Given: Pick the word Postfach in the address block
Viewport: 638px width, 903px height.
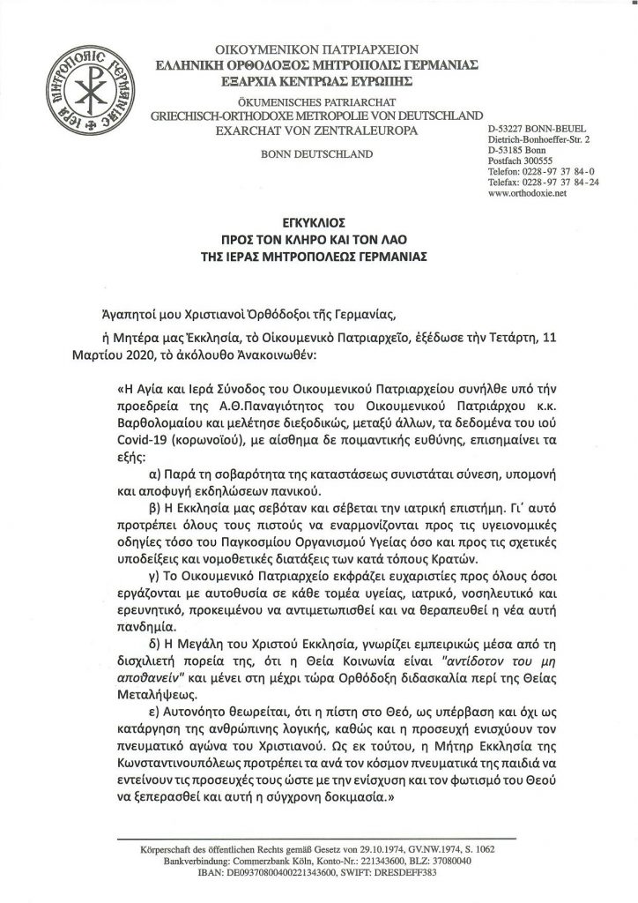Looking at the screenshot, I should point(505,160).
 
